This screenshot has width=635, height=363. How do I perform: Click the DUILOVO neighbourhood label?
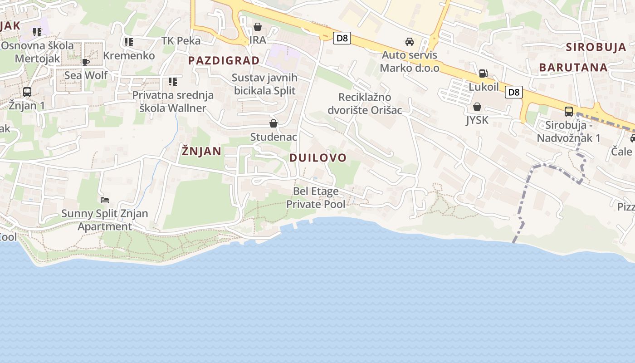(317, 158)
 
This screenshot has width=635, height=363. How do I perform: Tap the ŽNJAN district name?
(201, 151)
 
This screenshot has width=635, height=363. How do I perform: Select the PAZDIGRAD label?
(224, 61)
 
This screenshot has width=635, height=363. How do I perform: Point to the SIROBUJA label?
(596, 47)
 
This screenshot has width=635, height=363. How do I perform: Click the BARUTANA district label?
(573, 68)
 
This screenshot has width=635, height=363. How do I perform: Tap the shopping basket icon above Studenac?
(274, 123)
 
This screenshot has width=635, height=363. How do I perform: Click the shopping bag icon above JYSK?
(477, 107)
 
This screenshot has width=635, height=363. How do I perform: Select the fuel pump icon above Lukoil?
(484, 74)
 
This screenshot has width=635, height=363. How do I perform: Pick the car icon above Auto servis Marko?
(410, 42)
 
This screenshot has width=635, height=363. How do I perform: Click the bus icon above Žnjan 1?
(27, 92)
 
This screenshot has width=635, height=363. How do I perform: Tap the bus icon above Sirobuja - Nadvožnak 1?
(569, 111)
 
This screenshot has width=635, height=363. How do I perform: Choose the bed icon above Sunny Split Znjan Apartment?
(105, 200)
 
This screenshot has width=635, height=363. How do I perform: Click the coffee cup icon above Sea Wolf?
(86, 62)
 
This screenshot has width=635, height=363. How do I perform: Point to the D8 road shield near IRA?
(342, 38)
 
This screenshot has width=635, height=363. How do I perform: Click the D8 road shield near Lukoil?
(513, 93)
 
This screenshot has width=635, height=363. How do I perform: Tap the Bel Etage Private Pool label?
(316, 197)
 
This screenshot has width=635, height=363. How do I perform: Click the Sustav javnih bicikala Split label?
(264, 84)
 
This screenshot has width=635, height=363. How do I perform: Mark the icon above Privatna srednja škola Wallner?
(172, 82)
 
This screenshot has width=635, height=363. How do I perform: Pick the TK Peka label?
(181, 41)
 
